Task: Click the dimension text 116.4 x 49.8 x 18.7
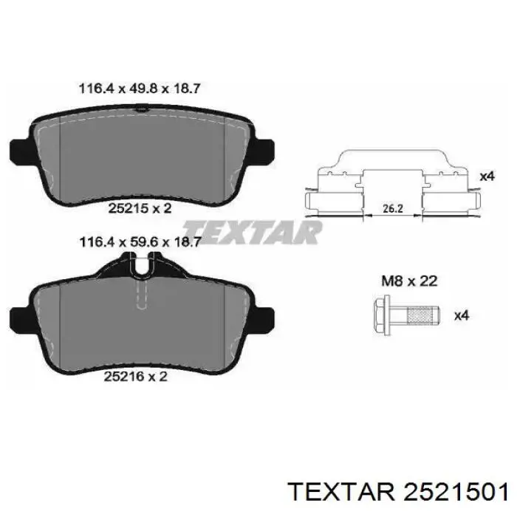(140, 89)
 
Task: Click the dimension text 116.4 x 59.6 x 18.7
(140, 242)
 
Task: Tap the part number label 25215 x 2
(140, 208)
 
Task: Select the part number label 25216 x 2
(135, 376)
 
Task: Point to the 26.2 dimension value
(393, 208)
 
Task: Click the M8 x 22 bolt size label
(409, 281)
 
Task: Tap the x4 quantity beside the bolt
(462, 315)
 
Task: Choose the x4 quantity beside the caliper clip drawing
(487, 177)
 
